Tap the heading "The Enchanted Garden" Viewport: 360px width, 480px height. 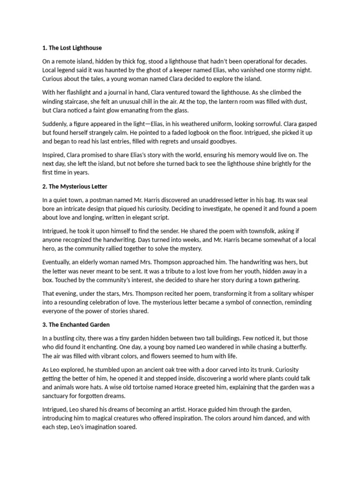[79, 325]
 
